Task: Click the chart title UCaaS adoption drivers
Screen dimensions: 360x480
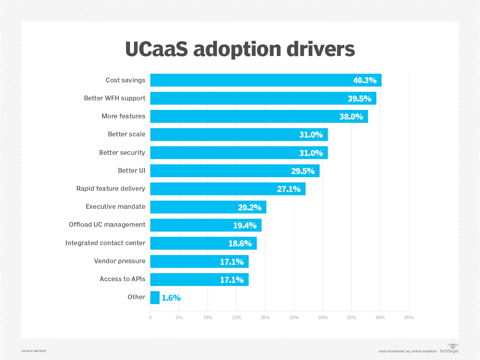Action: (240, 49)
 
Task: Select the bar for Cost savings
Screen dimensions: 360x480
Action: (248, 80)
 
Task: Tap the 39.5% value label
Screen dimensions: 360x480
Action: (359, 98)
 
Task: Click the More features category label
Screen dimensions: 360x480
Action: (123, 116)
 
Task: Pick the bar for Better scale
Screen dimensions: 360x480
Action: (224, 134)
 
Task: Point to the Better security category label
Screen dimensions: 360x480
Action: (122, 153)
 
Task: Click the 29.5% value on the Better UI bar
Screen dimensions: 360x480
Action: (302, 171)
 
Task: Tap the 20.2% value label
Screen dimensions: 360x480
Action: (247, 207)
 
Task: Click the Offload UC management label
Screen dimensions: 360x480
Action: (107, 225)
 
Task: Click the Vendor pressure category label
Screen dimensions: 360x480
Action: (120, 261)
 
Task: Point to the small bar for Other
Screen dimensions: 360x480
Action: (155, 298)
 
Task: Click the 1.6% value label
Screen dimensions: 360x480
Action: (171, 298)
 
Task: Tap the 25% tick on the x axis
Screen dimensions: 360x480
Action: (294, 318)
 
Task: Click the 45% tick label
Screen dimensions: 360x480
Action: (409, 318)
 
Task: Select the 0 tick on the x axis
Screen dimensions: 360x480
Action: (150, 318)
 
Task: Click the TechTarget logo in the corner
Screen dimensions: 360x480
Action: (449, 349)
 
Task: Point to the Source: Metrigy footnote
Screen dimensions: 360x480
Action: (34, 351)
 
